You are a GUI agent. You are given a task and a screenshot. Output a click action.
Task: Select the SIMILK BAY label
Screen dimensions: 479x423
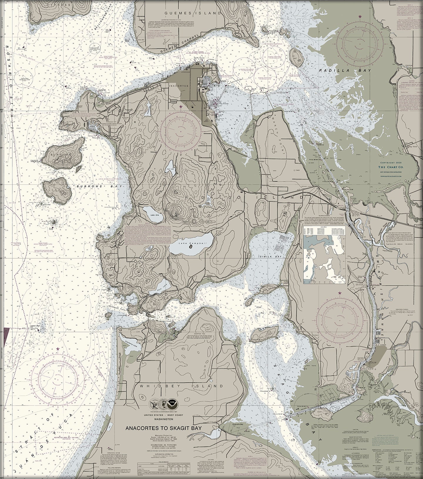click(270, 256)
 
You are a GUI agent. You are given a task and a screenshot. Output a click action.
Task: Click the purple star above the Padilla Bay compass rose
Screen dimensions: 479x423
click(360, 16)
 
